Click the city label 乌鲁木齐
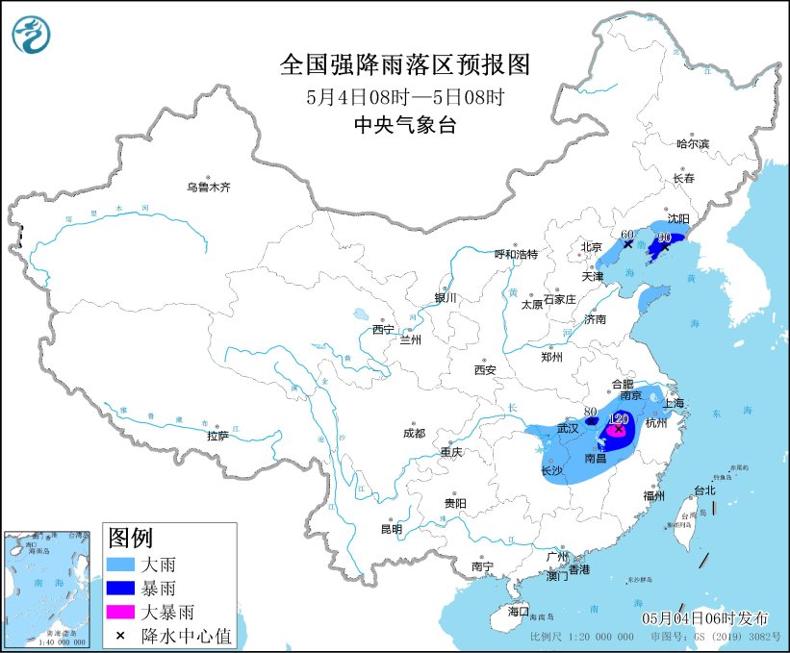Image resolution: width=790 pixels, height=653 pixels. click(209, 188)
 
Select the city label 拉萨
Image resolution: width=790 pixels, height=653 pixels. click(217, 436)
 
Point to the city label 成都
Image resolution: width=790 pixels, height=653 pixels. click(414, 433)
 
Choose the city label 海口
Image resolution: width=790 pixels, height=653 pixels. click(519, 611)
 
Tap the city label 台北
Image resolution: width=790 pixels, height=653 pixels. click(704, 490)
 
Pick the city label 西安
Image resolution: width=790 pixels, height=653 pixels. click(484, 369)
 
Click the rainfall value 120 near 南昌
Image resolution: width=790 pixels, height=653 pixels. click(620, 419)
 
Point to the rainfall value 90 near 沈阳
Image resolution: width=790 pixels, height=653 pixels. click(663, 237)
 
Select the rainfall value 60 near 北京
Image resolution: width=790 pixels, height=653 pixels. click(627, 234)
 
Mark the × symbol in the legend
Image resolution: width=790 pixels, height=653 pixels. click(121, 634)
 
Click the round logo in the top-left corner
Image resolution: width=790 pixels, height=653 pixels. click(32, 35)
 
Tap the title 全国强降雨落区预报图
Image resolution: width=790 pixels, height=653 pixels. click(404, 64)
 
